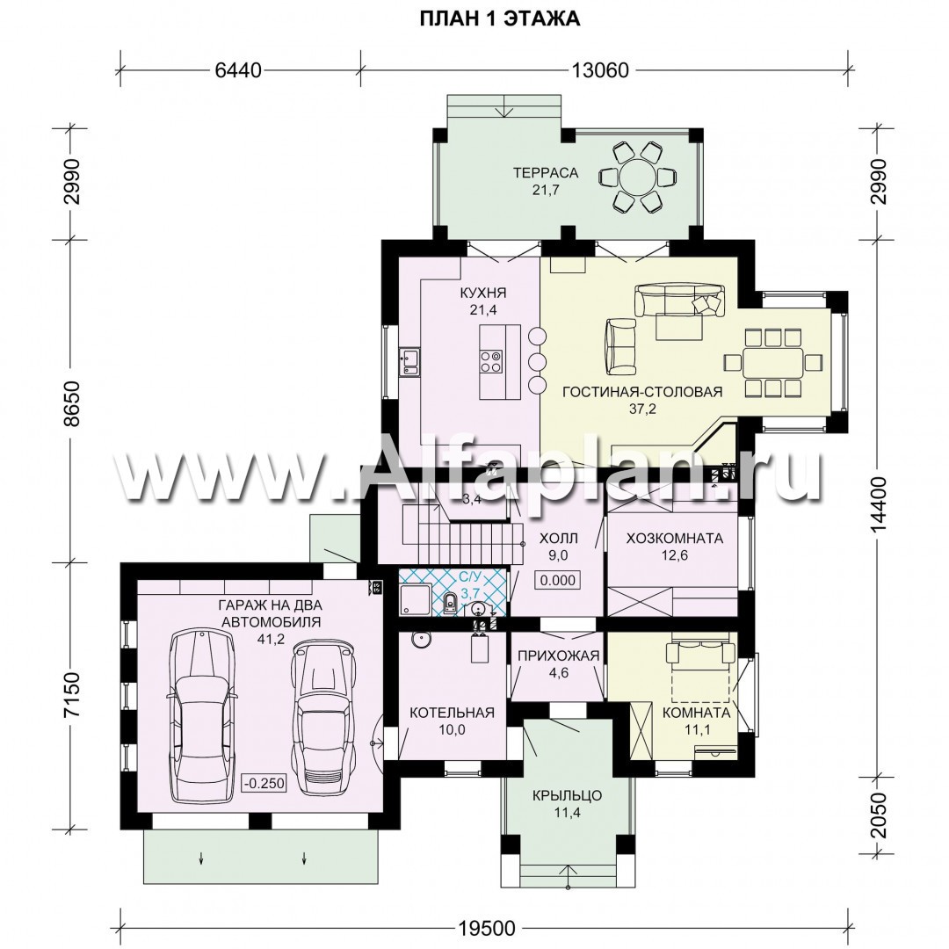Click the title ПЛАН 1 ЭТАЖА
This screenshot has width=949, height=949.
500,18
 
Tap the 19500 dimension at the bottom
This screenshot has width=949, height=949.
487,928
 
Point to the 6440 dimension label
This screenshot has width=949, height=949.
238,70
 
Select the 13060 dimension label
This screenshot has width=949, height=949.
600,70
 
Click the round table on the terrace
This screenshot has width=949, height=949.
638,177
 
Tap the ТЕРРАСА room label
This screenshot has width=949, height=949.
546,172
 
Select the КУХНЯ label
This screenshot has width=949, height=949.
483,293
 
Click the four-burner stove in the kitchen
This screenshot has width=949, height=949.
491,361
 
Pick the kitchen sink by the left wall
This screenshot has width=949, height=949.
409,362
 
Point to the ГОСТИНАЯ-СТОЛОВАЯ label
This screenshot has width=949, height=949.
642,392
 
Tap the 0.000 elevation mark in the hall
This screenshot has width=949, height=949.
558,580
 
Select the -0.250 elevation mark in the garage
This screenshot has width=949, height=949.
264,783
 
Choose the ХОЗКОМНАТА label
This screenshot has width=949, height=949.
675,538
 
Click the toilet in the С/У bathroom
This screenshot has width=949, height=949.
450,603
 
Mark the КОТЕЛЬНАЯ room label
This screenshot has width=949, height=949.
453,713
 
